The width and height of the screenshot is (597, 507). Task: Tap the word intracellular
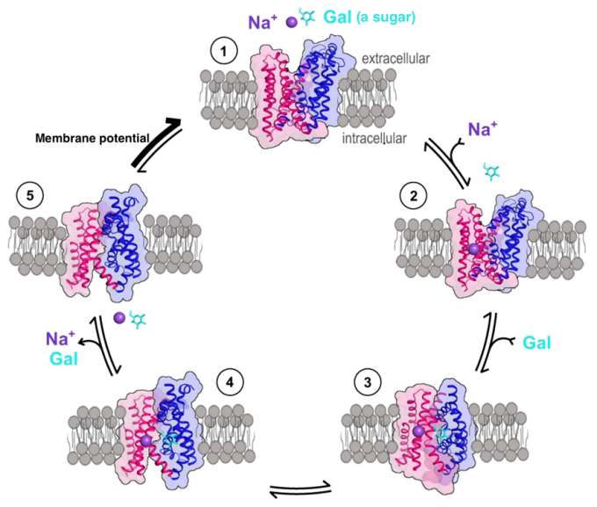(378, 137)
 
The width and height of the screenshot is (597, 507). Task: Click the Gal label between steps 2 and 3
(537, 342)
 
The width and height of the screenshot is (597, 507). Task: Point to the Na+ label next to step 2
(484, 129)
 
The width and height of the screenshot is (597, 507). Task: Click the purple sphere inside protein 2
(473, 250)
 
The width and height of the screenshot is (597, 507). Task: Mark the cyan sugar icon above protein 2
(491, 169)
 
